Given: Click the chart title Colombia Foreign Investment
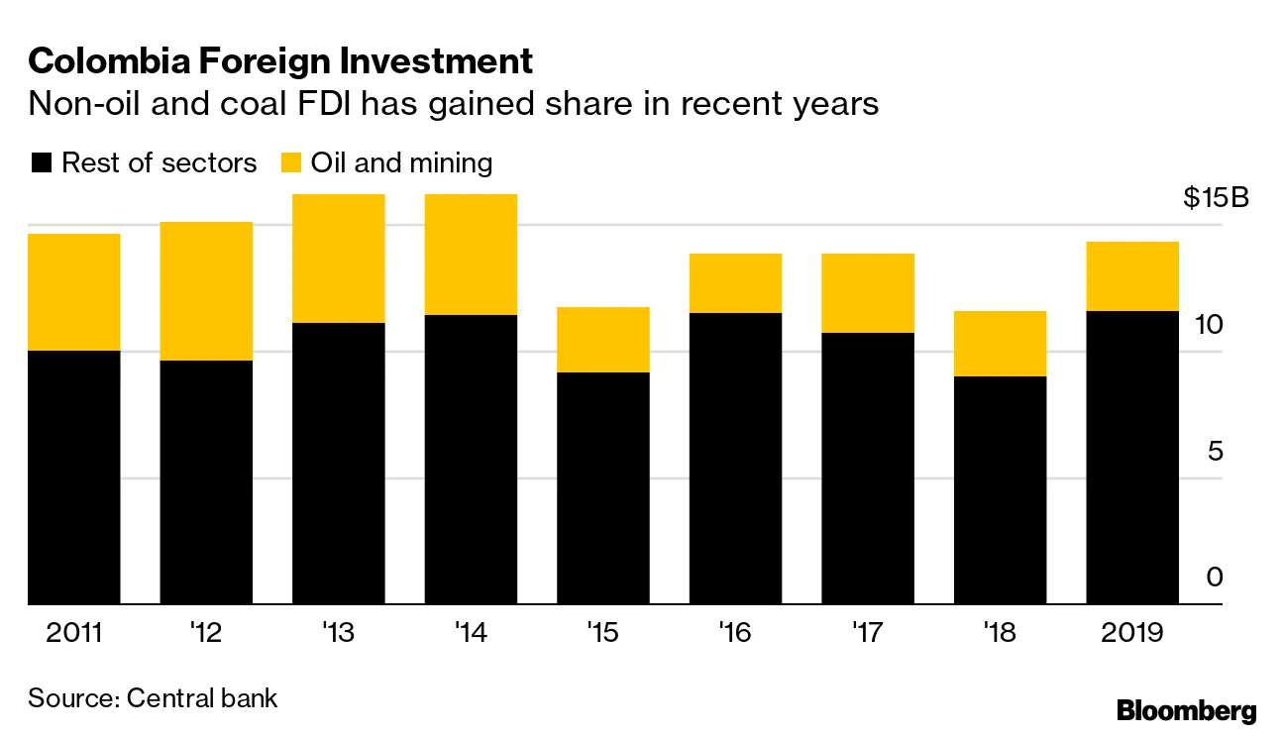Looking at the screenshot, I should pyautogui.click(x=280, y=61).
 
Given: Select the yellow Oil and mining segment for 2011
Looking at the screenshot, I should pyautogui.click(x=74, y=292).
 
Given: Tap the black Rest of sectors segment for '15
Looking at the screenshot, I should pyautogui.click(x=603, y=487).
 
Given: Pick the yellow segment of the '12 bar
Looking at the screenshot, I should pyautogui.click(x=206, y=291).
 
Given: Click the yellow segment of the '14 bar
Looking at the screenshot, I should pyautogui.click(x=471, y=255).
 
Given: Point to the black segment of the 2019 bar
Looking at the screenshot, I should pyautogui.click(x=1132, y=457).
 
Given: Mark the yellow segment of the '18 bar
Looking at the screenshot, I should pyautogui.click(x=1000, y=344).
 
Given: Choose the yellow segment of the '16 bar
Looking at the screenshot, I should pyautogui.click(x=735, y=283).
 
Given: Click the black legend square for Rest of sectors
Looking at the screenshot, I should pyautogui.click(x=41, y=163).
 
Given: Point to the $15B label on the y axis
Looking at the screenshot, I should pyautogui.click(x=1217, y=198).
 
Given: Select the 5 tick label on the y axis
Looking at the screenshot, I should pyautogui.click(x=1215, y=452).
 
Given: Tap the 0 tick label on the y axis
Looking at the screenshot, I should pyautogui.click(x=1215, y=578).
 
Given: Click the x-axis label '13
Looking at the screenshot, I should pyautogui.click(x=339, y=633).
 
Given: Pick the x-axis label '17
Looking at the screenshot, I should pyautogui.click(x=868, y=633).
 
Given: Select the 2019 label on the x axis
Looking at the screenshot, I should pyautogui.click(x=1132, y=633).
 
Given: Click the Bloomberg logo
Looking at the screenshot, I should pyautogui.click(x=1186, y=710).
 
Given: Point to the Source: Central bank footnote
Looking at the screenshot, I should pyautogui.click(x=153, y=697).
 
